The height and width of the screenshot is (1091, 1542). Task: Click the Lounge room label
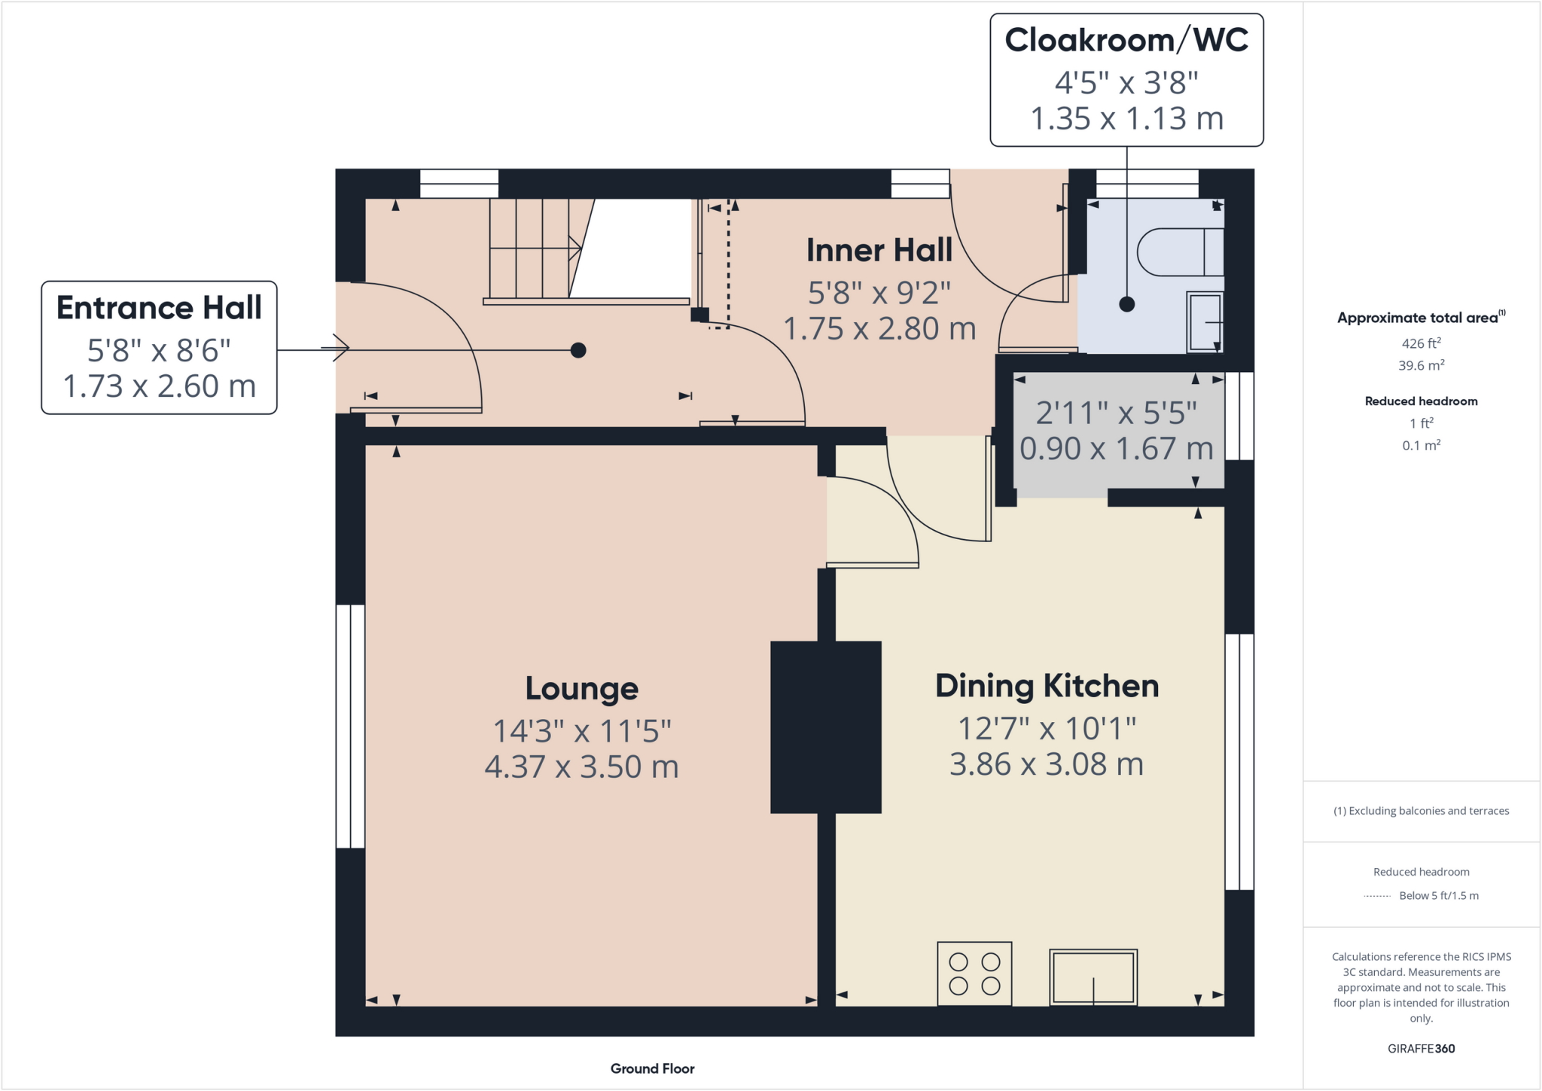(x=582, y=689)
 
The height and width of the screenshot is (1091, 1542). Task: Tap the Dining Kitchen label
(x=1047, y=686)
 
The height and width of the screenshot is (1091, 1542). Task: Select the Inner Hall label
(x=879, y=251)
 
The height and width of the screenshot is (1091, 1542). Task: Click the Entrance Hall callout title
(x=159, y=308)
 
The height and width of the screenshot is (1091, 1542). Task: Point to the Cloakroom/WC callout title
(x=1126, y=40)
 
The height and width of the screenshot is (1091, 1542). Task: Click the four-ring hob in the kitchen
(x=974, y=974)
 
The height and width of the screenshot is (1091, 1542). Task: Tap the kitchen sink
(x=1093, y=977)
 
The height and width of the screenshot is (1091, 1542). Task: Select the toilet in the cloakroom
(x=1180, y=251)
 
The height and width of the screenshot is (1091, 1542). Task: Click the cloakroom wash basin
(x=1205, y=322)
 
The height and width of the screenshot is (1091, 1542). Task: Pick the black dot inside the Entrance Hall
(x=578, y=350)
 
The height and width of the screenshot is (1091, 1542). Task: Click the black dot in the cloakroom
(x=1127, y=304)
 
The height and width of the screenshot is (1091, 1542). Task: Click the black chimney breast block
(x=826, y=727)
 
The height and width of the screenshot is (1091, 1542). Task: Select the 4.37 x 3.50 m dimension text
(x=582, y=767)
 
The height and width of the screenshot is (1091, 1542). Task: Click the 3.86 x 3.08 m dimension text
(x=1047, y=764)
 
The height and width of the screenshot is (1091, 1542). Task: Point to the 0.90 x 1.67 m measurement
(x=1117, y=449)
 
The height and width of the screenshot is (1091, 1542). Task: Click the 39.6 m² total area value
(x=1422, y=365)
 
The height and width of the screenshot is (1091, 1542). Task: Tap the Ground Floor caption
(x=653, y=1068)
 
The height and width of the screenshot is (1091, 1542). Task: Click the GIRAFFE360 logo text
(x=1422, y=1048)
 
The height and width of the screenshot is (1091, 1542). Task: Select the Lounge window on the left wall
(x=350, y=727)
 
